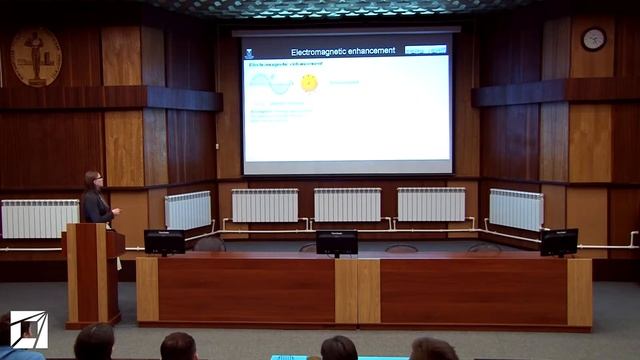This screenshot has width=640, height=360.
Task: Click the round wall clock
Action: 593,39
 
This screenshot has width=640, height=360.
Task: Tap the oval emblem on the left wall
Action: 36,56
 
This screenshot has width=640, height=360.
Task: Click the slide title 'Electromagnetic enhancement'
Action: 342,51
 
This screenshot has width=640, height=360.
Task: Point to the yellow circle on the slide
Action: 309,83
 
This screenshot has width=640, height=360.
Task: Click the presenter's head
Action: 93,180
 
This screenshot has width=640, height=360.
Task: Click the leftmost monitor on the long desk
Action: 164,241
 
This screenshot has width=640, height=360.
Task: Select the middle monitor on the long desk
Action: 336,242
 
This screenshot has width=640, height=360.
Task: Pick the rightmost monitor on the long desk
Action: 559,241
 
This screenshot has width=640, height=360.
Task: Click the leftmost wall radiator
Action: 39,218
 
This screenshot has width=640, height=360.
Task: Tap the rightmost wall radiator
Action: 516,209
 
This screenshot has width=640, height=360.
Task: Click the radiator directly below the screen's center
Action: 347,204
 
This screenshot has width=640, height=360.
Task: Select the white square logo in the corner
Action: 28,329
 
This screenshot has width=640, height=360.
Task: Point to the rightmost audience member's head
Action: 432,349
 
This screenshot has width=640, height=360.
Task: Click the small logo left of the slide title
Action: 249,52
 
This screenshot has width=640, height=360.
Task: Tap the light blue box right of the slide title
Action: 425,49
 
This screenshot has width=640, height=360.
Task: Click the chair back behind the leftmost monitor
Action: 210,244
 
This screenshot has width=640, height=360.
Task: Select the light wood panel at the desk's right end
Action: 579,291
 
